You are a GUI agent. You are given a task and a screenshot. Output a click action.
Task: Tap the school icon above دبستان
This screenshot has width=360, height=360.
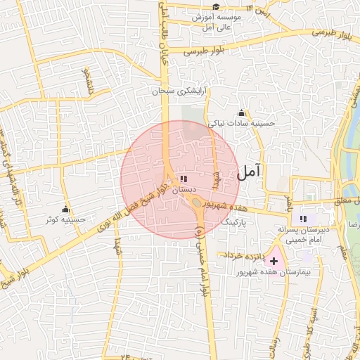click(184, 180)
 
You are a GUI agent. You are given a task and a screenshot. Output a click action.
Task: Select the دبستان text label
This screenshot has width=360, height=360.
click(183, 191)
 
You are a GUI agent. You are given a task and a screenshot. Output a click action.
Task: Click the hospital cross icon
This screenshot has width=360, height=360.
click(274, 262)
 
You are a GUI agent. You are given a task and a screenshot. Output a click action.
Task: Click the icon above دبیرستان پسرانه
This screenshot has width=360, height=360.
click(304, 219)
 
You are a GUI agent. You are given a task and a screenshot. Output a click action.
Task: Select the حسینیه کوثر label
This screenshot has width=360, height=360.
click(65, 219)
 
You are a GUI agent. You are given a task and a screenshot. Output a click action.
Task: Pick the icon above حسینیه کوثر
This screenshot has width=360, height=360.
click(65, 209)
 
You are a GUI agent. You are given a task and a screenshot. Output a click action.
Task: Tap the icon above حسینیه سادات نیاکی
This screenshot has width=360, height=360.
click(242, 112)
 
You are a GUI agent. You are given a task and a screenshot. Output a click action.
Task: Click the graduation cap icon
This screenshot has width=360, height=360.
click(215, 7)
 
